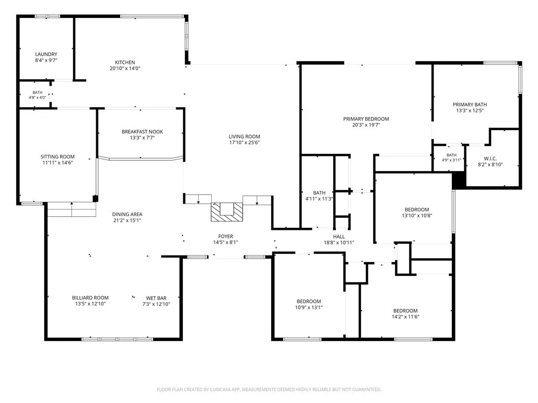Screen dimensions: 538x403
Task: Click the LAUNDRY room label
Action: pos(46,54)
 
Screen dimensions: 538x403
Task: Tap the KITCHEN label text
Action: pos(125,62)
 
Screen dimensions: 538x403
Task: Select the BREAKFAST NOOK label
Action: pos(142,132)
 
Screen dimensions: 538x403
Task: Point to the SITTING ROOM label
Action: pos(57,156)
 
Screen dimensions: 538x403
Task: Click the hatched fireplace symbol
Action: pos(226,212)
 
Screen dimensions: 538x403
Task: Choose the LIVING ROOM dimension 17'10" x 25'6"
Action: pos(244,143)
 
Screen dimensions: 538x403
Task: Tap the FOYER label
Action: pos(225,237)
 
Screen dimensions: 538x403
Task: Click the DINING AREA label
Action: pos(127,215)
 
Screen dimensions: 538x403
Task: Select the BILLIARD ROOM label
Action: pos(90,298)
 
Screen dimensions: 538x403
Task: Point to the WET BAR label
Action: pos(156,298)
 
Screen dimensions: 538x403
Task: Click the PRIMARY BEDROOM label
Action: pos(366,119)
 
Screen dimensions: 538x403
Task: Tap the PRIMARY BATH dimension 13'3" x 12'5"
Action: pos(470,110)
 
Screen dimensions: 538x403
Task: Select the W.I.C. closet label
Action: pos(490,158)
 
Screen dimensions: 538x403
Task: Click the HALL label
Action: pos(339,237)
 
